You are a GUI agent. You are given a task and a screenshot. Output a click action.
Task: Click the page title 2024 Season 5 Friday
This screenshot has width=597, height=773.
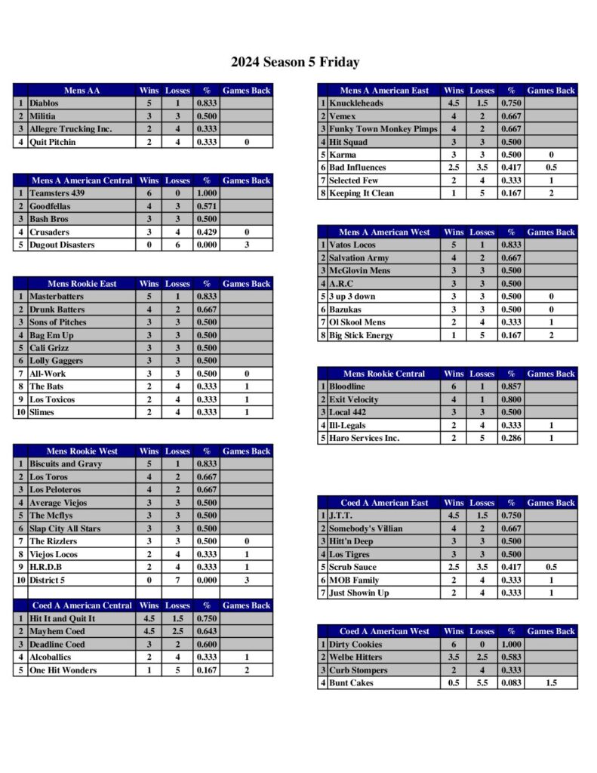click(x=295, y=62)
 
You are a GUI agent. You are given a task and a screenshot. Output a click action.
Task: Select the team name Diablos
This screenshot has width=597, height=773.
click(x=44, y=103)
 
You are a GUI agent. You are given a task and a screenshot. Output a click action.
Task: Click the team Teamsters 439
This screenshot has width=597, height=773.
click(x=57, y=194)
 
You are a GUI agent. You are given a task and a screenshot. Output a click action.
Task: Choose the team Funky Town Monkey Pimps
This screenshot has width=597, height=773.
click(x=383, y=129)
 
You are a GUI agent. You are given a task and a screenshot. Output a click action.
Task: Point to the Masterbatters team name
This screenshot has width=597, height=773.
click(x=57, y=297)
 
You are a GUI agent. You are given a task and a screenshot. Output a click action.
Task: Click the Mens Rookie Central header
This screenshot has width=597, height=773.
click(x=384, y=374)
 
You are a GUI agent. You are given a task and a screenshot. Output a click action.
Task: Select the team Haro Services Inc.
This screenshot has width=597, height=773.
click(x=364, y=438)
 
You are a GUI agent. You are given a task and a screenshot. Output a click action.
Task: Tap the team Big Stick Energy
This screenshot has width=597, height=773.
click(x=361, y=335)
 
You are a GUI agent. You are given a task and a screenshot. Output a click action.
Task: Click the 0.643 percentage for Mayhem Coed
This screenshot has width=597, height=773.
click(x=206, y=632)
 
